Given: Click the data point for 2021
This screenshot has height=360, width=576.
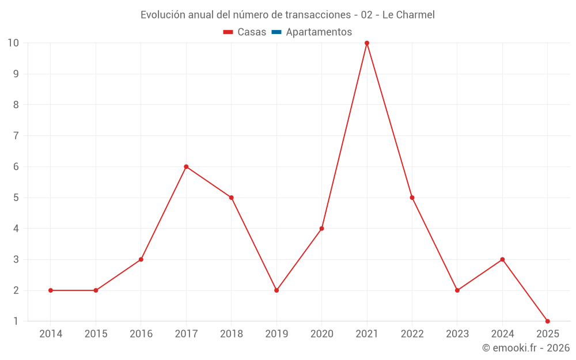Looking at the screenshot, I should (367, 43).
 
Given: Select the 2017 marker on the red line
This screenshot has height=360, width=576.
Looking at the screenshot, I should (186, 166).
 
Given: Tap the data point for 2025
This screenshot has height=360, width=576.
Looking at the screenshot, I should (547, 321).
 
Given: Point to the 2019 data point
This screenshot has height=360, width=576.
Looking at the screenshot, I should (276, 290).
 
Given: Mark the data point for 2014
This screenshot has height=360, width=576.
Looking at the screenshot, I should (51, 290).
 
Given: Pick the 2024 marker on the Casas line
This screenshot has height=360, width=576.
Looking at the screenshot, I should (502, 259).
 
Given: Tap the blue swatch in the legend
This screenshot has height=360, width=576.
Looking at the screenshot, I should (276, 32).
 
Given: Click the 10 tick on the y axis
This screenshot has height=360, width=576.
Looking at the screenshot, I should (13, 43).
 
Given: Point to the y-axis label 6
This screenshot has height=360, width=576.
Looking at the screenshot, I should (16, 166).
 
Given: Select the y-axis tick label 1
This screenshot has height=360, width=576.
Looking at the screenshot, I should (16, 321).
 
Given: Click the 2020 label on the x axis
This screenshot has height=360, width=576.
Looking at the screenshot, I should (321, 334).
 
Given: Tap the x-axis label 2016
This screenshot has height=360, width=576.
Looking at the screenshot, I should (141, 334).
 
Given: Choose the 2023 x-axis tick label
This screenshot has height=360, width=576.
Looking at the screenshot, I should (457, 334).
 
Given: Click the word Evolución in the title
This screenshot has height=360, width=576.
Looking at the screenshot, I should (163, 14).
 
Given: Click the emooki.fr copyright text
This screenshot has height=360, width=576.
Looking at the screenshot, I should (526, 348).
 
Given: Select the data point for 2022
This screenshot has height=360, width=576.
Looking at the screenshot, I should (412, 198).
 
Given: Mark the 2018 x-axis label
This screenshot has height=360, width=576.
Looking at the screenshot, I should (231, 334).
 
